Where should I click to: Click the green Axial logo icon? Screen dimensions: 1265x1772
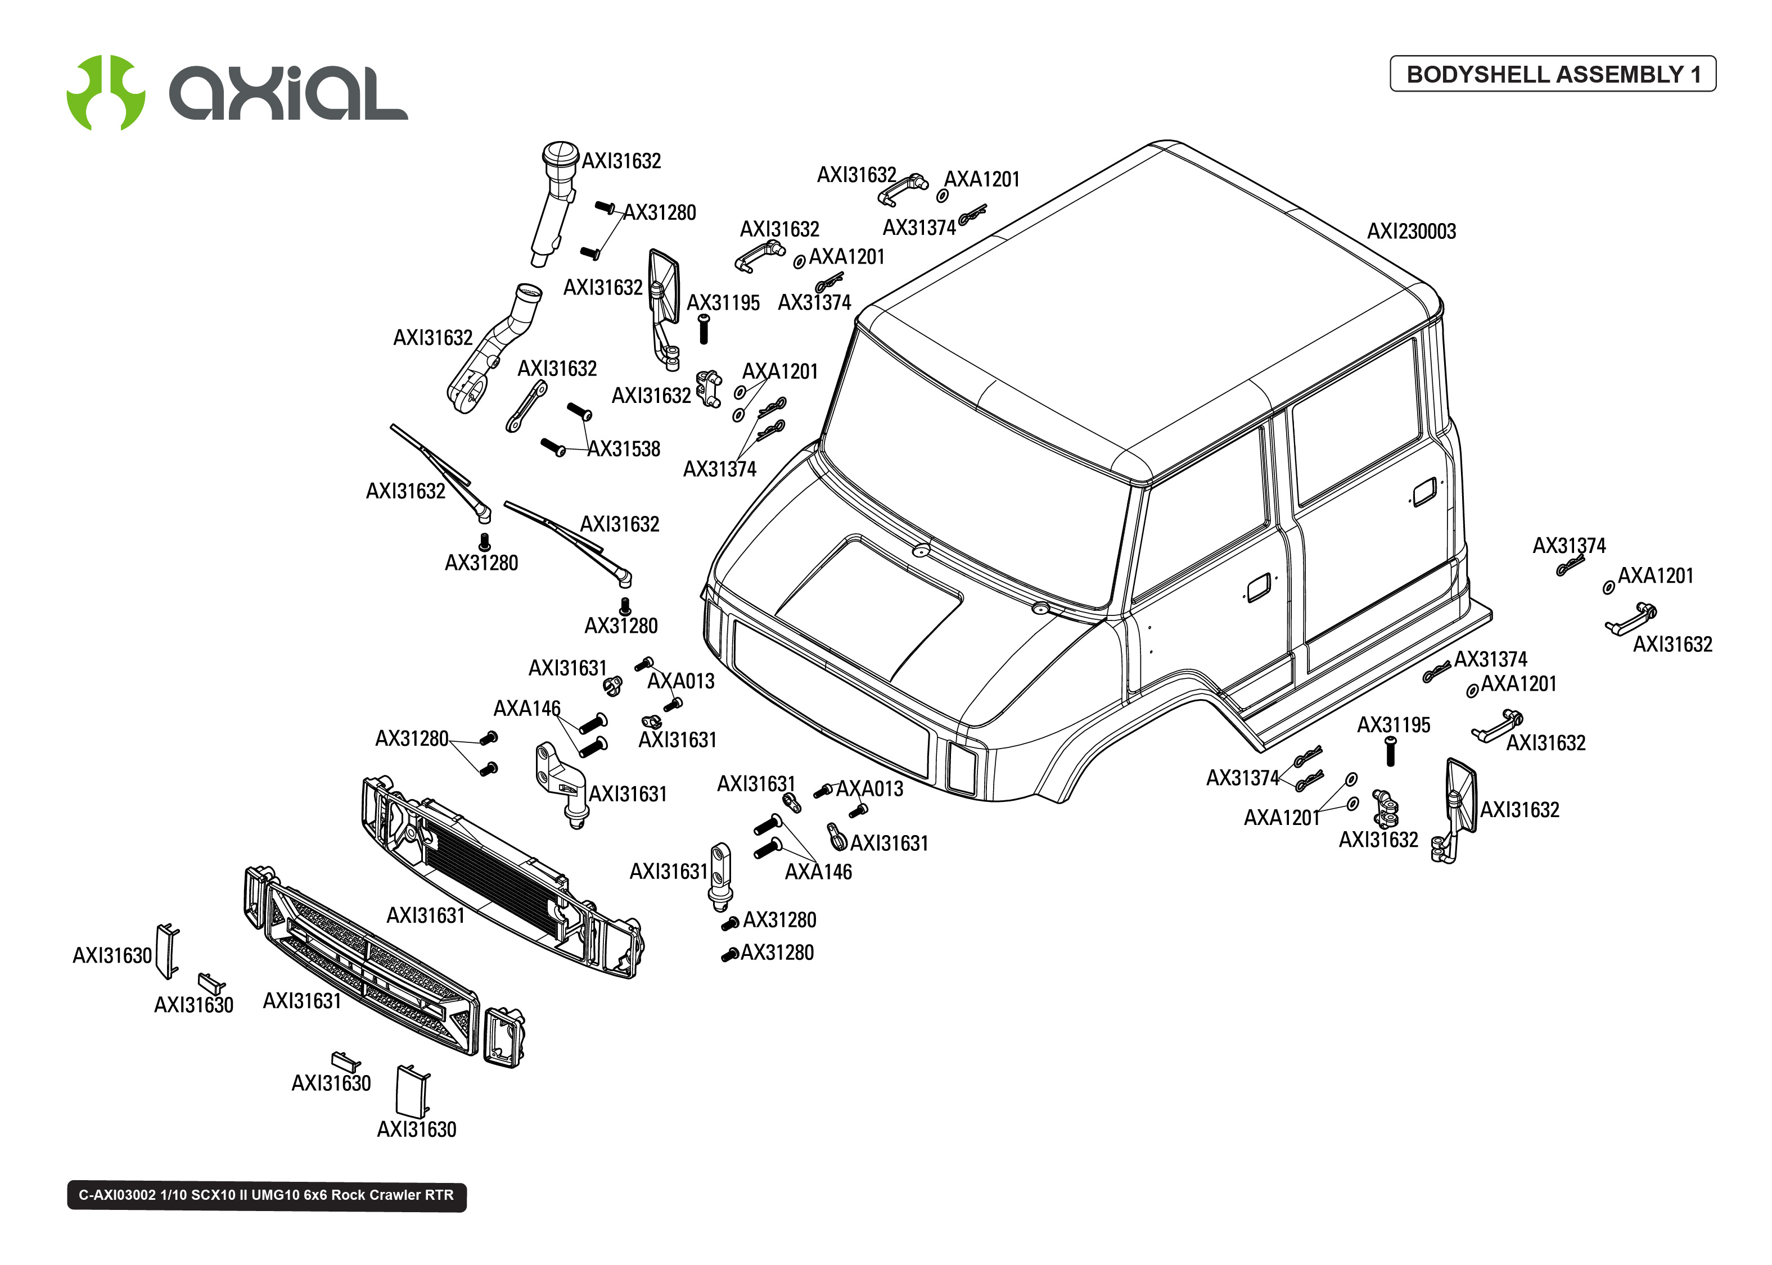click(105, 93)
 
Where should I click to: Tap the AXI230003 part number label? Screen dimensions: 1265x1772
click(1410, 232)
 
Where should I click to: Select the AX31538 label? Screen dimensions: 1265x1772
click(624, 450)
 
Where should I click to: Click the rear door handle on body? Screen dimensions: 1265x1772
click(1424, 492)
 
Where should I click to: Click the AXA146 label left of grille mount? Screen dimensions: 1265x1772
click(527, 709)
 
